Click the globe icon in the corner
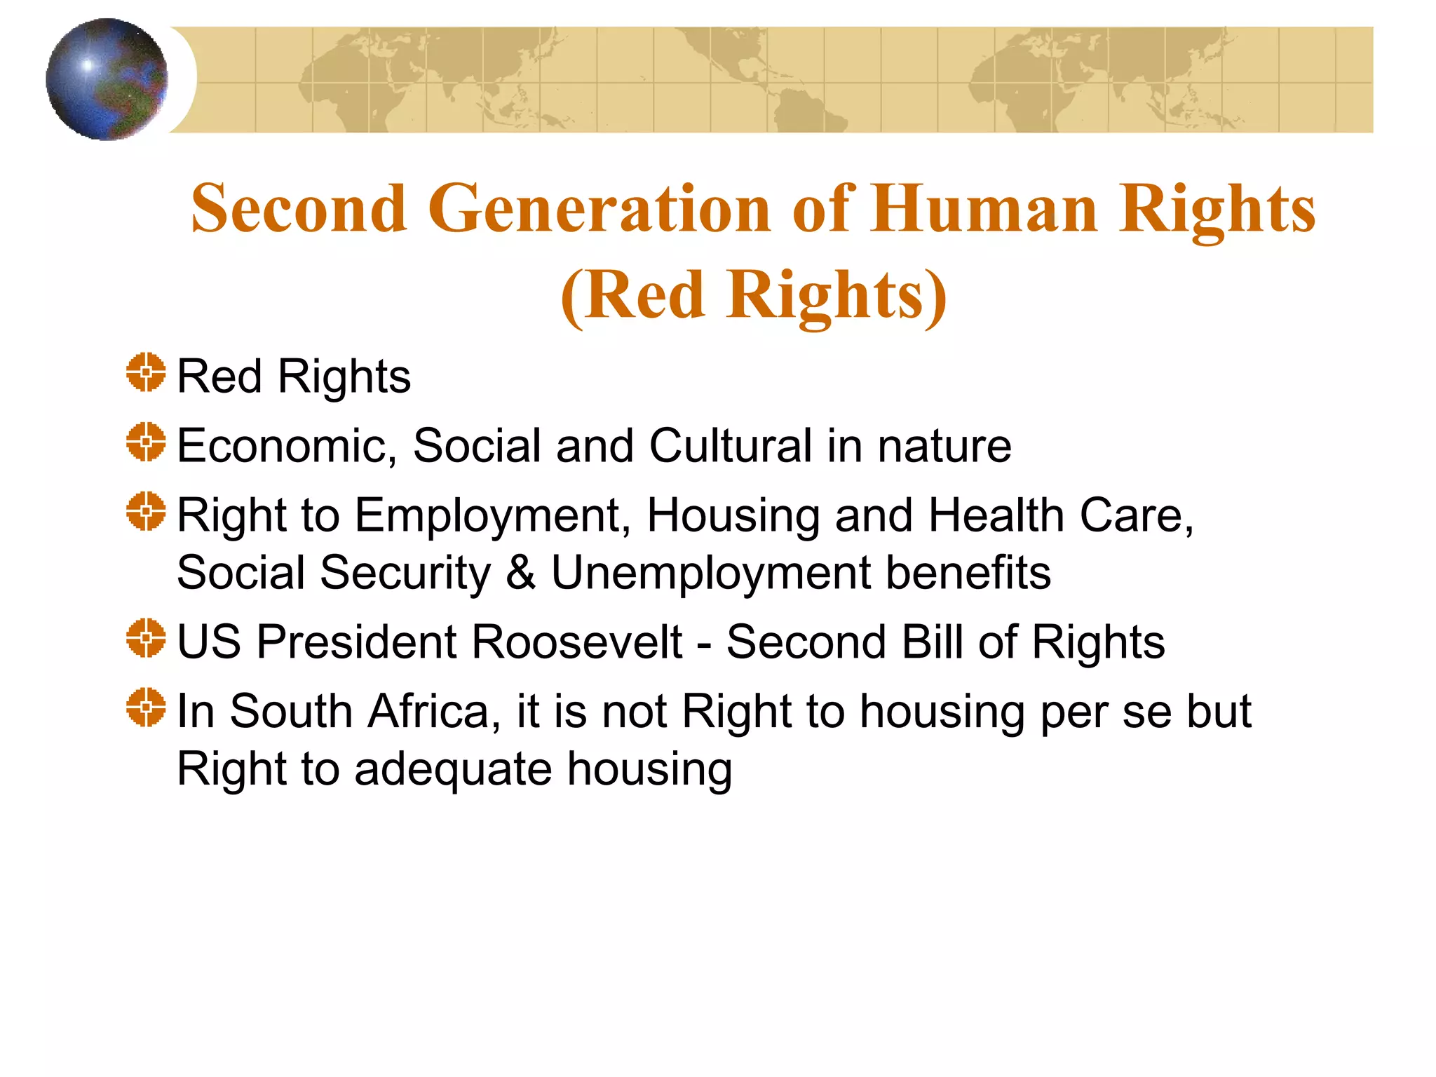tap(107, 79)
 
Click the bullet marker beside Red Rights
tap(146, 372)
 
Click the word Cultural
tap(730, 446)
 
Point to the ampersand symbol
tap(520, 572)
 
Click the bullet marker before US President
tap(146, 638)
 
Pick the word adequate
tap(453, 769)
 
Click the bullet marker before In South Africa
tap(146, 707)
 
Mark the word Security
tap(406, 574)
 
